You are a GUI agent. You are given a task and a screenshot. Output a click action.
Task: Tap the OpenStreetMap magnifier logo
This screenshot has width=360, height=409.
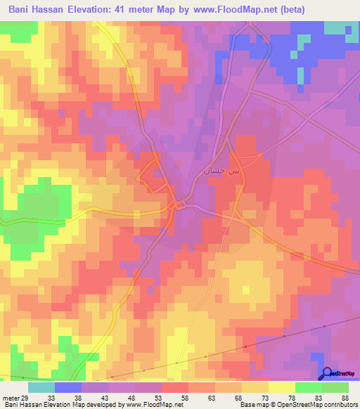[x=327, y=372]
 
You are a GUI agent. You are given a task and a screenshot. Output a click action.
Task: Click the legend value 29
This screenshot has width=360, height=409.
[x=25, y=398]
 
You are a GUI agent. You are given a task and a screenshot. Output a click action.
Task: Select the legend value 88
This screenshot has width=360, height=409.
[x=345, y=398]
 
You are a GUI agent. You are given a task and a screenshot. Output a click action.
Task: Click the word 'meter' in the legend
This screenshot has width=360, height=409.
[x=11, y=398]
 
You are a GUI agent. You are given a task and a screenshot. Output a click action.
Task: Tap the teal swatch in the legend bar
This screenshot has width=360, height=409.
[x=41, y=387]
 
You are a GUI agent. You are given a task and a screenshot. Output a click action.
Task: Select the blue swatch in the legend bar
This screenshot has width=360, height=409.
[x=68, y=387]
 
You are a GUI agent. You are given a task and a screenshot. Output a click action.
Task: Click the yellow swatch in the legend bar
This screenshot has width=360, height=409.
[x=281, y=387]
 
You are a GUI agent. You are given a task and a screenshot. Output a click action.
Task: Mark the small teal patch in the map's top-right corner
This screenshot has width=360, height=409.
[x=340, y=28]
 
